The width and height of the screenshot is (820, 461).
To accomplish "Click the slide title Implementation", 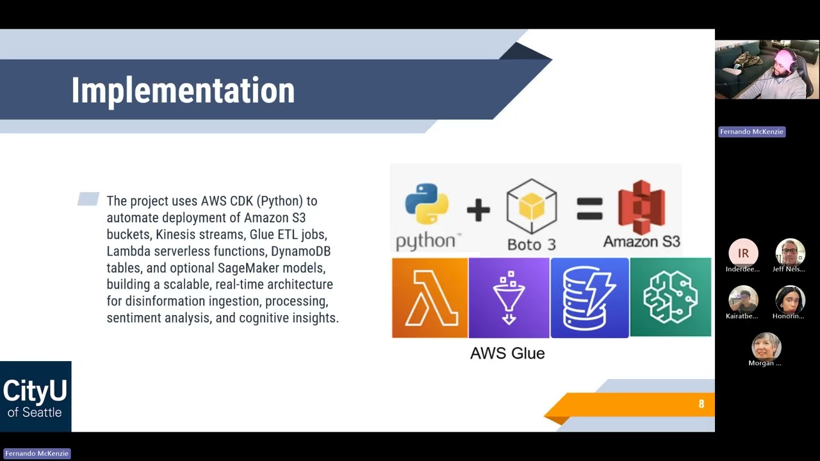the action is (x=183, y=91).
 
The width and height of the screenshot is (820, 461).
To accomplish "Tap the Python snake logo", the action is (x=427, y=204).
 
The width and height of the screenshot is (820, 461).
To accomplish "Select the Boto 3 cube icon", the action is (x=532, y=206).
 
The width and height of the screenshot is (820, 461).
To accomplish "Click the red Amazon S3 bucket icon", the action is (x=642, y=207).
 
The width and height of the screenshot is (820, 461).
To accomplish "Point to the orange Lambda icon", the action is (x=430, y=298).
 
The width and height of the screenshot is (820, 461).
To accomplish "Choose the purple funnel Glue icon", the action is (x=509, y=298).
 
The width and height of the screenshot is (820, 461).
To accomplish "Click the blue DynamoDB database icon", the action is (x=590, y=298).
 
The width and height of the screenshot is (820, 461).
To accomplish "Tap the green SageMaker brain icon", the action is (x=671, y=297).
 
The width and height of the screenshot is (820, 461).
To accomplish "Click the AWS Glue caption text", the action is (x=507, y=353).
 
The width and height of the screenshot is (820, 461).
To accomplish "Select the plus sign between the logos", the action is (x=478, y=210).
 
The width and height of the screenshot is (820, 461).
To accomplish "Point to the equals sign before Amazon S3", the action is (x=589, y=209).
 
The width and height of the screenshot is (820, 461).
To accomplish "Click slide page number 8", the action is (x=701, y=404).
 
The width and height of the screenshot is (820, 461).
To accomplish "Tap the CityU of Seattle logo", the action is (x=35, y=396).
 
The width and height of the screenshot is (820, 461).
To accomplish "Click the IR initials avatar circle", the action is (x=743, y=253).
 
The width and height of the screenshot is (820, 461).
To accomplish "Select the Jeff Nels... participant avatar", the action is (x=790, y=253).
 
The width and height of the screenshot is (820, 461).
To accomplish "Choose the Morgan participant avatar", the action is (x=766, y=346).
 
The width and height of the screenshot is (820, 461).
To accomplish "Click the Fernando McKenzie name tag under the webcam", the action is (x=751, y=132).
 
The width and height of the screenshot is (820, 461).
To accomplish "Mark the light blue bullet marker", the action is (x=88, y=198).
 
